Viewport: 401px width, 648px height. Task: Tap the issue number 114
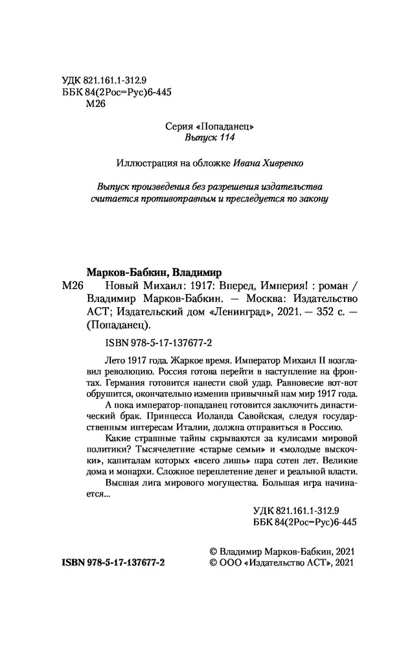pyautogui.click(x=223, y=139)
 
